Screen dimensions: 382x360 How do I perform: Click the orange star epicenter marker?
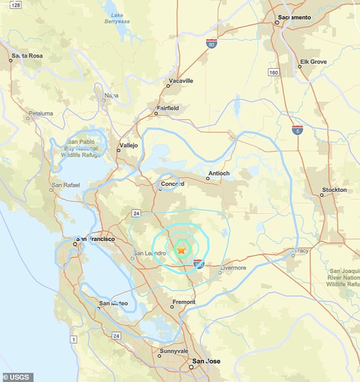tap(182, 250)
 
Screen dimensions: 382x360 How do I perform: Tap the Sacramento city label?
tap(294, 18)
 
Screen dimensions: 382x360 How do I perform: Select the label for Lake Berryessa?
tap(118, 18)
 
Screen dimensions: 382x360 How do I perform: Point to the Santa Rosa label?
tap(28, 56)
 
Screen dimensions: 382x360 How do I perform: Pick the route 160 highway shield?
tap(274, 72)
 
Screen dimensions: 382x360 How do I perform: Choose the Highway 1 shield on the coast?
tap(73, 339)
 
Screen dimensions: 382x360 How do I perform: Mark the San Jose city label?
tap(207, 362)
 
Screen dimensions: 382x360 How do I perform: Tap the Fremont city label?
tap(183, 302)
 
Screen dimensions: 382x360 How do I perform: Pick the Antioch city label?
tap(219, 173)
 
